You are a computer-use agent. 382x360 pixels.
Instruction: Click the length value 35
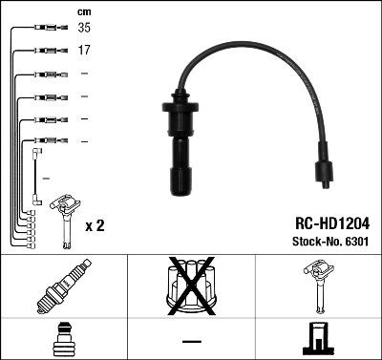84,30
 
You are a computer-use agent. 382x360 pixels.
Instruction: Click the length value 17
84,50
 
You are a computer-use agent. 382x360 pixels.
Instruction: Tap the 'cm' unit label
83,11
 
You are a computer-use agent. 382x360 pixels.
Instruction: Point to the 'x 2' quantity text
95,226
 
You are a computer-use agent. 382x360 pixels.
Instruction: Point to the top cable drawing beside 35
44,30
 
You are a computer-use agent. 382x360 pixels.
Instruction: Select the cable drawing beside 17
44,51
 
